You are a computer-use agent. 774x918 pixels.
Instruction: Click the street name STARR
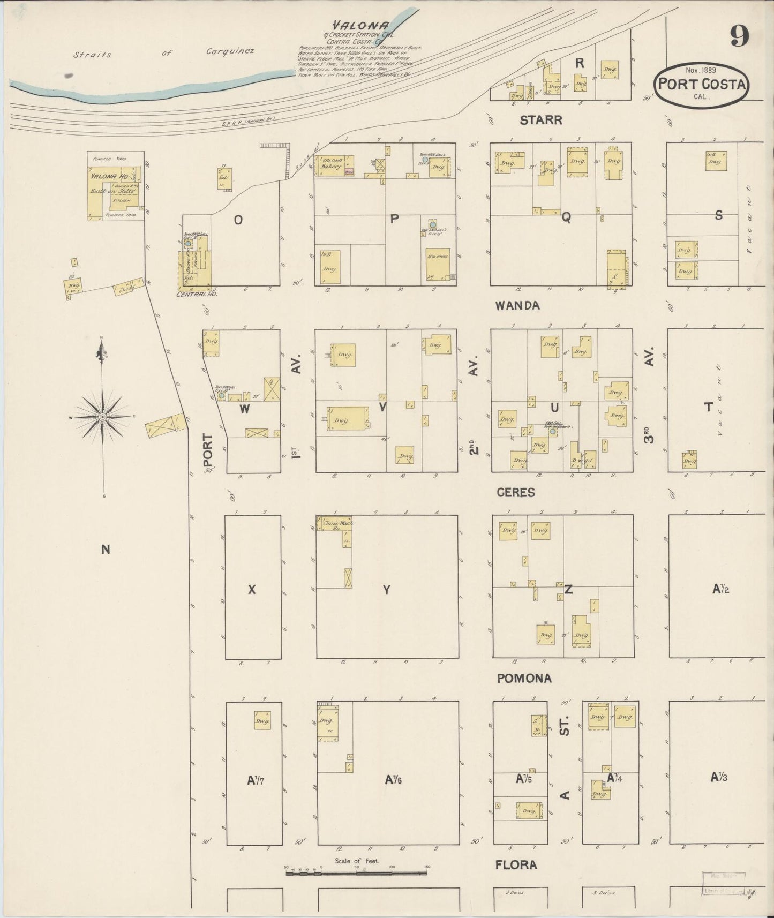click(540, 121)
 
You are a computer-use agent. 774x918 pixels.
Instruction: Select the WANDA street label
click(517, 306)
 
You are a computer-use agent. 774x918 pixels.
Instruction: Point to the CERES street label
click(516, 492)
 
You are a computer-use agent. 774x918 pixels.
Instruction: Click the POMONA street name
click(524, 679)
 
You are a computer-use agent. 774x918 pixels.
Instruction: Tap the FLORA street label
click(516, 864)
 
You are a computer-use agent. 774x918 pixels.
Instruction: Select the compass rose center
click(102, 417)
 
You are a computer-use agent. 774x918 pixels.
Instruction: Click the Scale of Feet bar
click(356, 873)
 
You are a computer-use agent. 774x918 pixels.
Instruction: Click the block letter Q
click(566, 217)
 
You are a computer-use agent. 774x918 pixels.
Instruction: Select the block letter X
click(252, 589)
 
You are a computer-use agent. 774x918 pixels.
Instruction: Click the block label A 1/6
click(393, 780)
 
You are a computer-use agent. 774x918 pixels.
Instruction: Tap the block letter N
click(106, 548)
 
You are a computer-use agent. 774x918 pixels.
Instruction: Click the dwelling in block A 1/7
click(261, 720)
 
